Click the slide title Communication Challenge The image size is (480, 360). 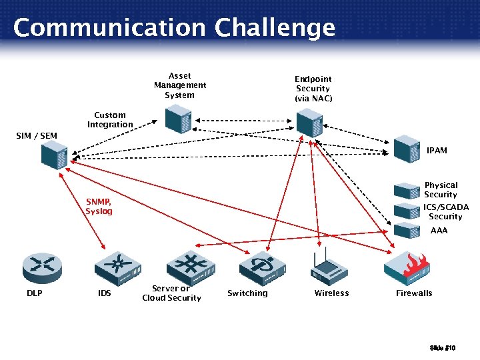[174, 28]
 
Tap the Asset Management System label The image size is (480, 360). [180, 85]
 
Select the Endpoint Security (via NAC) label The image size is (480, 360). [313, 89]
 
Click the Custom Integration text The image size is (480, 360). [110, 120]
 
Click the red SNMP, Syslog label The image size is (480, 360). [99, 207]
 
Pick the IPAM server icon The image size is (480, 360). [405, 148]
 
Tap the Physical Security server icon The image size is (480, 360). [405, 191]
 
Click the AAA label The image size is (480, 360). [439, 231]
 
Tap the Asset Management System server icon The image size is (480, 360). [178, 121]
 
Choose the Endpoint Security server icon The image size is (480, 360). [309, 123]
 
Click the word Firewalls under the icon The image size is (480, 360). [414, 293]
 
